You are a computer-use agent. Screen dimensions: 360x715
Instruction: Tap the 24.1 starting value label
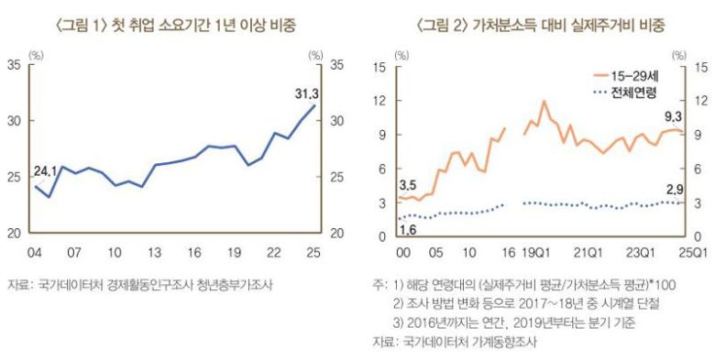coord(46,170)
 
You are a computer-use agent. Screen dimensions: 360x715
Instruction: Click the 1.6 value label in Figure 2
coord(408,229)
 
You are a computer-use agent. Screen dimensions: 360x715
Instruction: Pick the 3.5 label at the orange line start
coord(408,186)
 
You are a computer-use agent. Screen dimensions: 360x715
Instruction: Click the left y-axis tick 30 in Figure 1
coord(15,121)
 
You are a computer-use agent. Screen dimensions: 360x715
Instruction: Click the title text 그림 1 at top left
coord(89,24)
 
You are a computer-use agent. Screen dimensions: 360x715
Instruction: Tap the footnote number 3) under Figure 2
coord(398,322)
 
